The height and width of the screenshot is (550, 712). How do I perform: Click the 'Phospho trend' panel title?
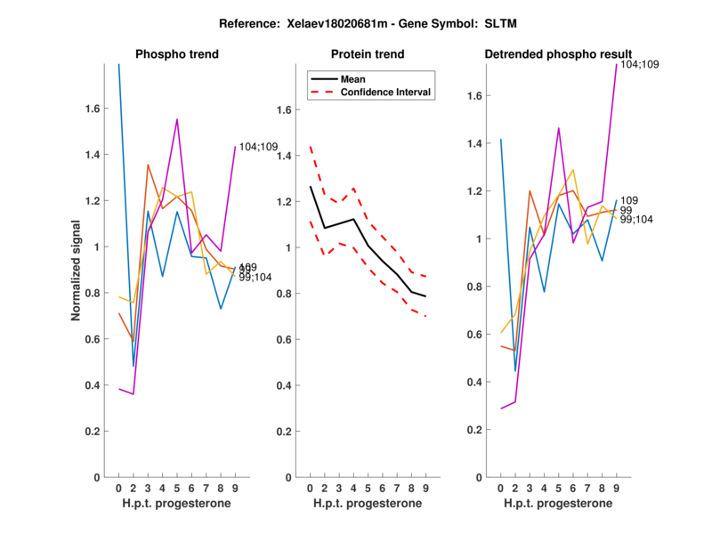coord(177,55)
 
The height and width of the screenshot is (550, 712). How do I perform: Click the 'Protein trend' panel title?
coord(368,55)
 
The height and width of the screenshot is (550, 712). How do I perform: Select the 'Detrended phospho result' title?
coord(558,55)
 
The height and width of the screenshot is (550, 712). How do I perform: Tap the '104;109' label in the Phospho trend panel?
coord(259,147)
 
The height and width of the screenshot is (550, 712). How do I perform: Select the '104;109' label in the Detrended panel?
coord(639,65)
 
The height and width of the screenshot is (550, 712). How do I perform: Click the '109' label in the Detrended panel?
coord(629,201)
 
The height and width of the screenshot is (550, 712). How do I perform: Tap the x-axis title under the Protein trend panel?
coord(368,505)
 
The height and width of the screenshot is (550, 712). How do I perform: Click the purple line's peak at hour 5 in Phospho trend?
coord(177,119)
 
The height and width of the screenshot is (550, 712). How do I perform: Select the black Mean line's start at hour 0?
coord(310,187)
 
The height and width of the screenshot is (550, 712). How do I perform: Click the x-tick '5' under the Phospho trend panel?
coord(177,489)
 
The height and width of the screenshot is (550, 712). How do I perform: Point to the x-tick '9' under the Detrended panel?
coord(616,489)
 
